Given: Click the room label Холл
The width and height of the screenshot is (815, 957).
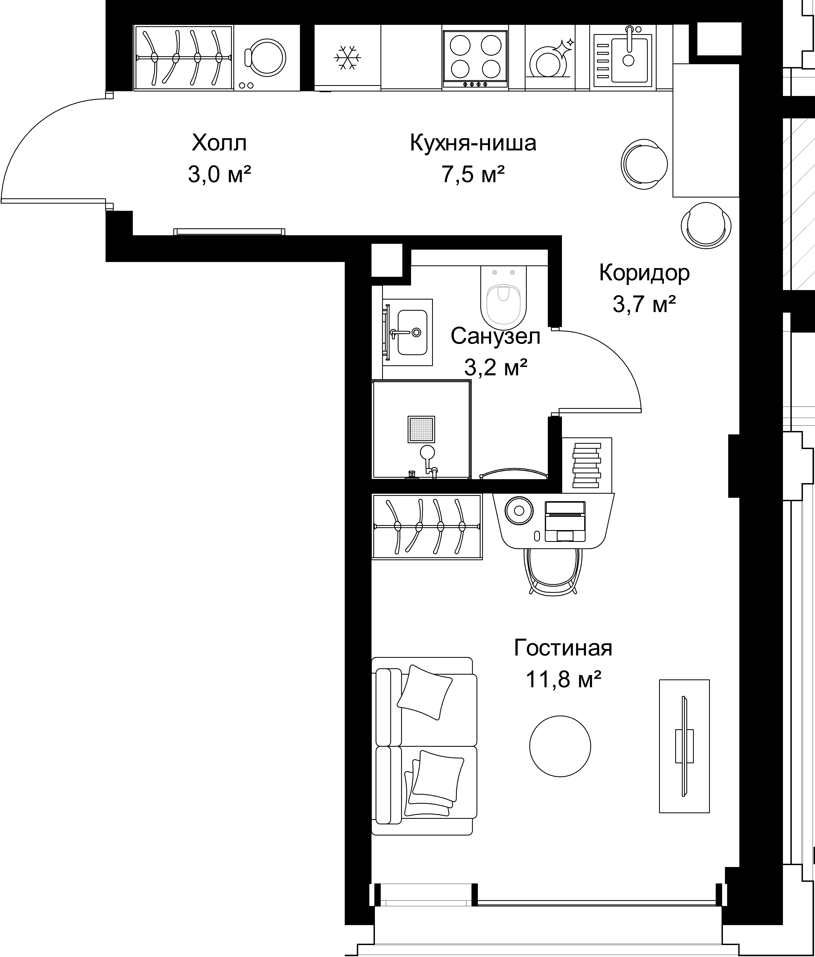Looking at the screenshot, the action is (219, 143).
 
